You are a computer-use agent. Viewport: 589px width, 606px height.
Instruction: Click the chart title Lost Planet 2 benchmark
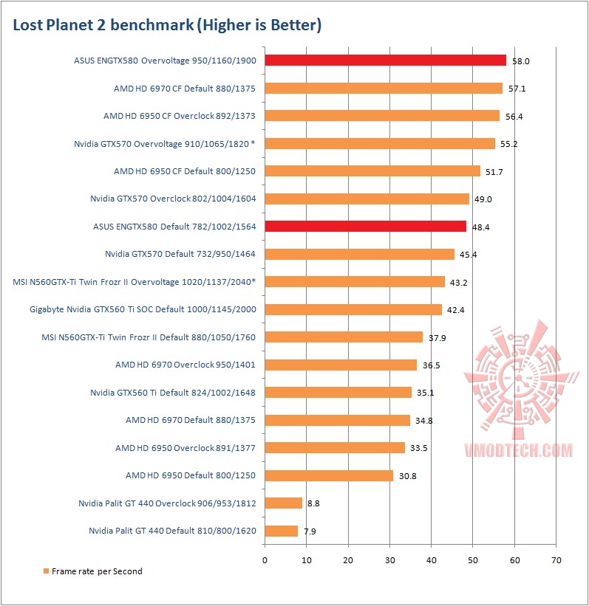click(x=167, y=26)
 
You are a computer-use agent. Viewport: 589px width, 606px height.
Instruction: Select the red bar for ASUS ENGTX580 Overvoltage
click(x=385, y=61)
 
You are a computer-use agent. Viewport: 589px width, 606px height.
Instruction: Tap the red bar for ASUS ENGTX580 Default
click(x=365, y=227)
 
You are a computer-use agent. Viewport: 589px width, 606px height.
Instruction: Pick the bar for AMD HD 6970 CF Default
click(x=383, y=89)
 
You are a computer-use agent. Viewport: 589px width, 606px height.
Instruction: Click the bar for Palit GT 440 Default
click(x=281, y=531)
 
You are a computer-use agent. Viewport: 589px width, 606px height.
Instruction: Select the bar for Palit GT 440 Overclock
click(x=283, y=503)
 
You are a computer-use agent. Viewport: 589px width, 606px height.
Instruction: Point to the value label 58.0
click(x=520, y=61)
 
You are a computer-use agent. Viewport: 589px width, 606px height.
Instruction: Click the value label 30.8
click(x=408, y=476)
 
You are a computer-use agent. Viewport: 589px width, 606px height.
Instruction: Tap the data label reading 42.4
click(x=456, y=309)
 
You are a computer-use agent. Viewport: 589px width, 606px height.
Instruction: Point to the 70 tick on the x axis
click(x=556, y=559)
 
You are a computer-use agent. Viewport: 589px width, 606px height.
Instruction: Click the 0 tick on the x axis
click(x=265, y=559)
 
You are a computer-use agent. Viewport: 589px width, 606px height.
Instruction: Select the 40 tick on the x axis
click(x=432, y=559)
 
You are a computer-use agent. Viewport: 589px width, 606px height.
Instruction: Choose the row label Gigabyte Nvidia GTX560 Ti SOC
click(x=143, y=309)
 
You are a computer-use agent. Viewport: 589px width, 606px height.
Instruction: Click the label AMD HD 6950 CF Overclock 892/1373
click(x=180, y=116)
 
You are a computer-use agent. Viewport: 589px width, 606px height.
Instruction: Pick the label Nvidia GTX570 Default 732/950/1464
click(x=180, y=254)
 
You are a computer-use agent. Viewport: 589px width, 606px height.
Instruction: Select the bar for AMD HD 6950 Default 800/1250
click(x=328, y=475)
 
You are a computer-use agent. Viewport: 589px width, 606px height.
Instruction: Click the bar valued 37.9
click(x=344, y=337)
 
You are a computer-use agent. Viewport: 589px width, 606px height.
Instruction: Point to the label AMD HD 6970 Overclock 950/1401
click(x=185, y=365)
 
